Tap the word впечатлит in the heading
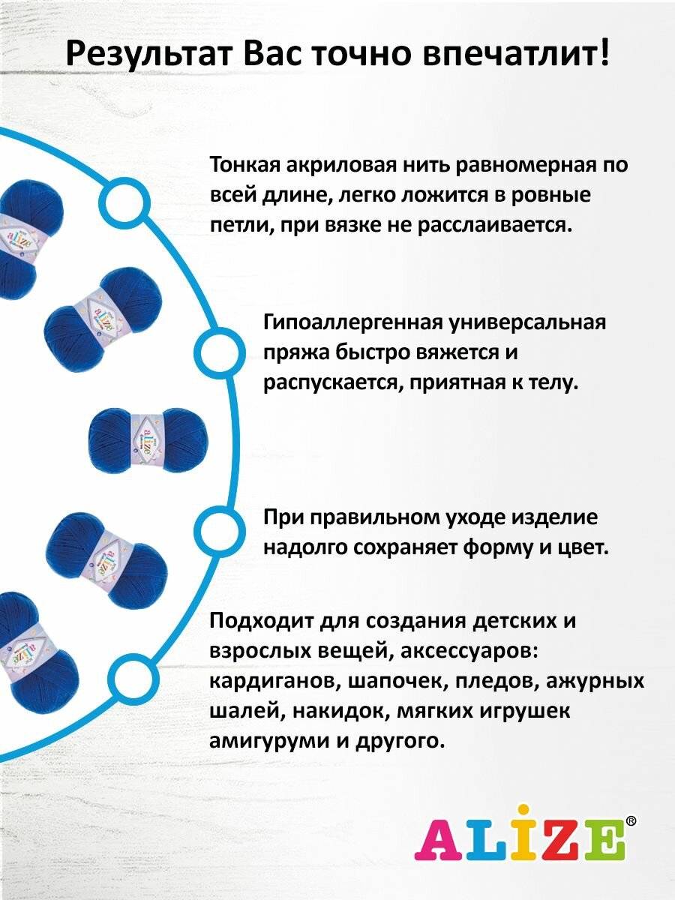point(524,54)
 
